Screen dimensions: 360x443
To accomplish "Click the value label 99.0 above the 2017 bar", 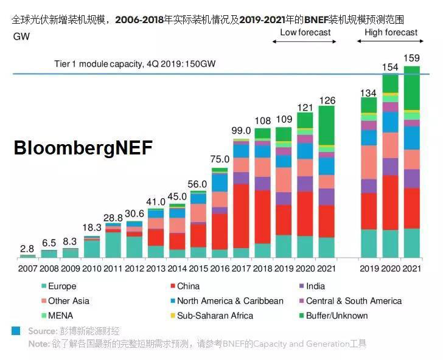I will click(241, 131).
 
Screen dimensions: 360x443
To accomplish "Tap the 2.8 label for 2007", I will click(27, 249).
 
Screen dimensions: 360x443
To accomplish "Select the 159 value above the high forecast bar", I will click(411, 59).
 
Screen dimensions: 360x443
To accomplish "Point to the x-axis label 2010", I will click(91, 269).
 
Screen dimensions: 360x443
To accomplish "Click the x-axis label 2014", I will click(176, 269).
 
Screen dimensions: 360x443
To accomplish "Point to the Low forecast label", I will click(305, 32).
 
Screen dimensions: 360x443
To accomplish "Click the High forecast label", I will click(391, 32).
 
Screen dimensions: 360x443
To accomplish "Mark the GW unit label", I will click(21, 36).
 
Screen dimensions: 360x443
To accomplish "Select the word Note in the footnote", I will click(38, 344).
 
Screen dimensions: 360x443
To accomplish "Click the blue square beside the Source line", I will click(16, 331).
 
